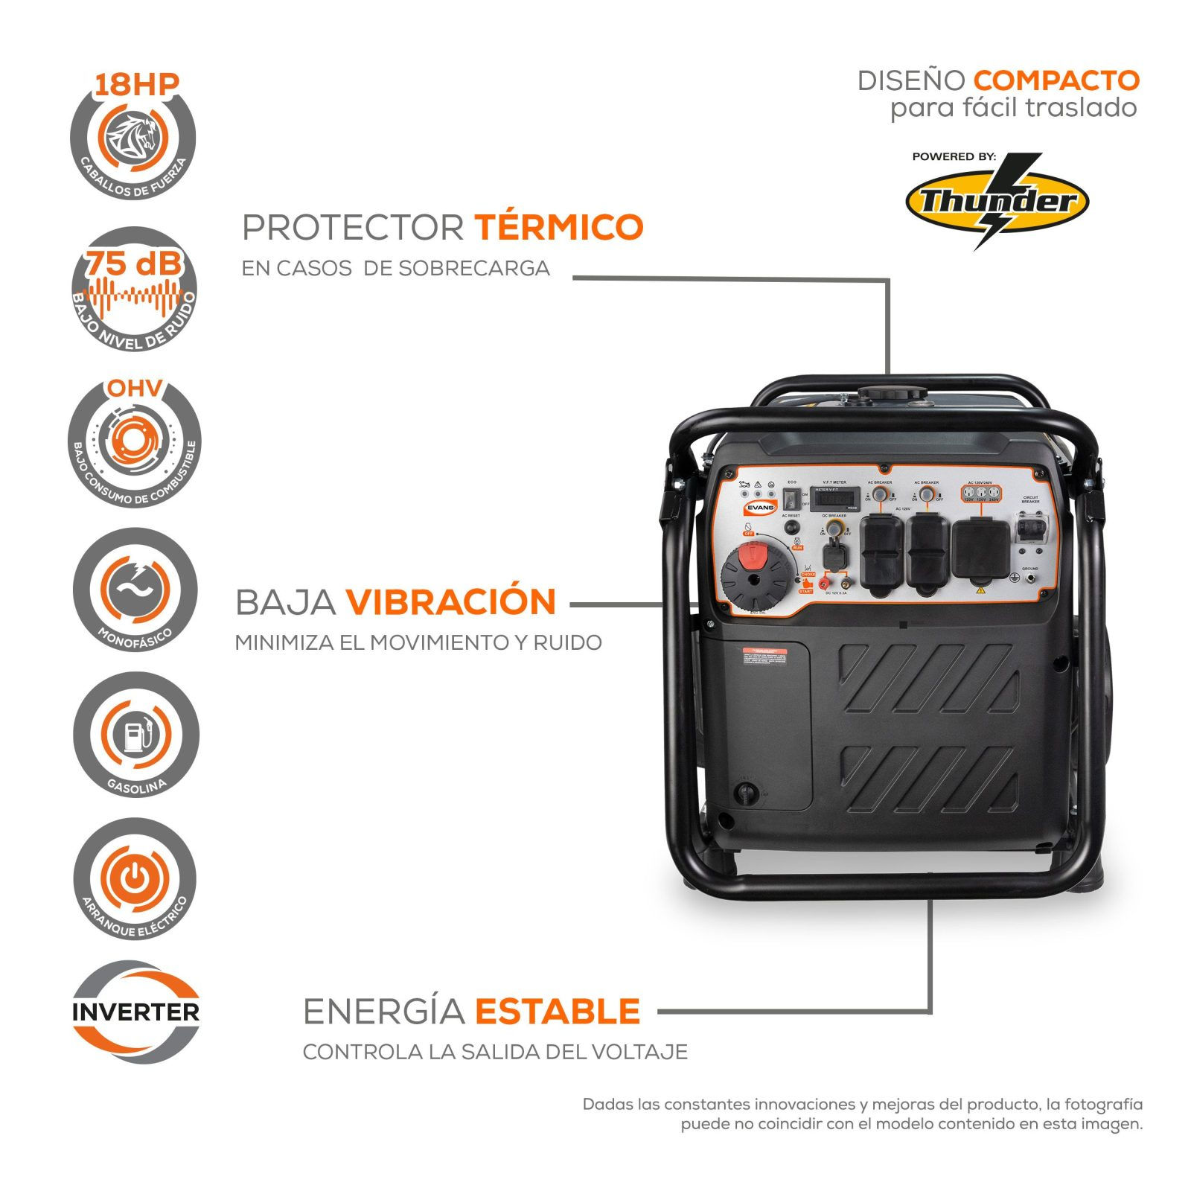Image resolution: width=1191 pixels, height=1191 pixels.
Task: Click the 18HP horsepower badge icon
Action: pyautogui.click(x=134, y=138)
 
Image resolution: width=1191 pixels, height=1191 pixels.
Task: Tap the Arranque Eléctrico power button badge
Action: pyautogui.click(x=134, y=878)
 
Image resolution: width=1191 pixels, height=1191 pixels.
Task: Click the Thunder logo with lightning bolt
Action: pyautogui.click(x=997, y=201)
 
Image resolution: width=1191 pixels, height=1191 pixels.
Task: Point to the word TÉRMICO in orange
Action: pyautogui.click(x=558, y=227)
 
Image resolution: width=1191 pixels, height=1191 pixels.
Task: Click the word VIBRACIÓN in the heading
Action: pyautogui.click(x=450, y=602)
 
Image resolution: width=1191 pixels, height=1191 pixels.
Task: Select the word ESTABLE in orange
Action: pyautogui.click(x=558, y=1012)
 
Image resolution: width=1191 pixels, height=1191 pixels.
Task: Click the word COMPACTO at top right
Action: pyautogui.click(x=1056, y=80)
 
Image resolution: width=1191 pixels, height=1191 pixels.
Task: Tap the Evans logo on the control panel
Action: pyautogui.click(x=759, y=507)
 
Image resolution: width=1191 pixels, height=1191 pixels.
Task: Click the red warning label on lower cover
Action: pyautogui.click(x=764, y=654)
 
